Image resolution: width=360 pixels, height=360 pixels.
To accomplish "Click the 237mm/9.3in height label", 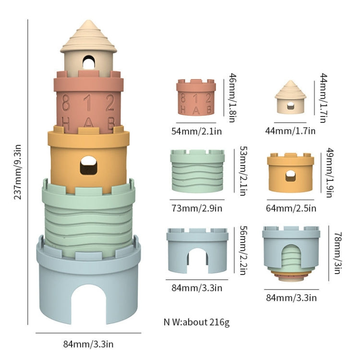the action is (x=18, y=172).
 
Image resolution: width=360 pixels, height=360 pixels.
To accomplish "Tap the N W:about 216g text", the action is (x=196, y=322).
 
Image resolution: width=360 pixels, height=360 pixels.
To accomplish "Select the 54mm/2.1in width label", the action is (x=196, y=131).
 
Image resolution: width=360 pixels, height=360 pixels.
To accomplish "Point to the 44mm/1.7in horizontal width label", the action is (x=290, y=131).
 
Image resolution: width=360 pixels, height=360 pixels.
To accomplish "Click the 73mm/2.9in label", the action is (x=197, y=208).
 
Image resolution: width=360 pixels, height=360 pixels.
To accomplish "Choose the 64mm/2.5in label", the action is (x=291, y=208).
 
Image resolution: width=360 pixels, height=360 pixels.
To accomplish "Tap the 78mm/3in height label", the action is (x=337, y=253).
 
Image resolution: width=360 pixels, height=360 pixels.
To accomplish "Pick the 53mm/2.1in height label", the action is (x=243, y=171).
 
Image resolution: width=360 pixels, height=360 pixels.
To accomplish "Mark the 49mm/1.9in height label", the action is (x=330, y=173).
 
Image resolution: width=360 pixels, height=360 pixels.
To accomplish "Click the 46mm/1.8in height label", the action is (x=233, y=98).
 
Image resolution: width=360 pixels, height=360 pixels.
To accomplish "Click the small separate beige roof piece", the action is (x=290, y=97).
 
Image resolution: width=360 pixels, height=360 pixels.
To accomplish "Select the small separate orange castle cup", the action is (x=290, y=172).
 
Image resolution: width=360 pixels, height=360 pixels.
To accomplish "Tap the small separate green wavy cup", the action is (x=197, y=171).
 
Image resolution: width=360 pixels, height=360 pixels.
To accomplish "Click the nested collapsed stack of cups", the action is (x=291, y=254).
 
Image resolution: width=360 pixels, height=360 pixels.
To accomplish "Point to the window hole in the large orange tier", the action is (x=89, y=165).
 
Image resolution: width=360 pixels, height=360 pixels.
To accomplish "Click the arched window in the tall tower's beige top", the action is (x=89, y=62).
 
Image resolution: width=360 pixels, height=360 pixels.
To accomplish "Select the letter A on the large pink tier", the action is (x=88, y=122).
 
